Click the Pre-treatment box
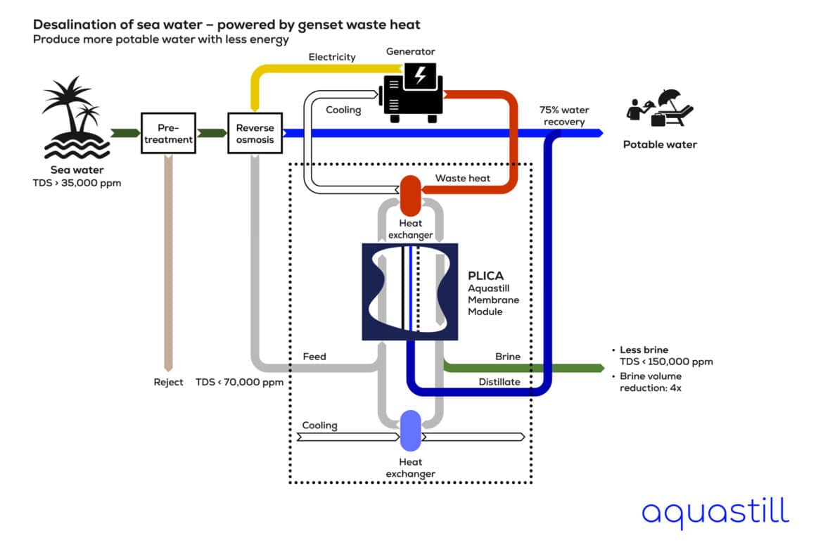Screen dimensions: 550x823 (168, 134)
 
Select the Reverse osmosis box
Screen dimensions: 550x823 (255, 134)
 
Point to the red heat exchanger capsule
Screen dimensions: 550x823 (410, 196)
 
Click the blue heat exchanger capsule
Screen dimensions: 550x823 (410, 430)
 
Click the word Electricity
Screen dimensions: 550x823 (332, 57)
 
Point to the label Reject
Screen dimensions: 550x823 (168, 382)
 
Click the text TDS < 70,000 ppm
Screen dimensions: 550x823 (239, 382)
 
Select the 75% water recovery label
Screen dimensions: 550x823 (564, 116)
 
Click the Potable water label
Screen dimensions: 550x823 (660, 145)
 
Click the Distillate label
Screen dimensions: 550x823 (499, 382)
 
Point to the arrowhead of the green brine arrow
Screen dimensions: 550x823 (600, 368)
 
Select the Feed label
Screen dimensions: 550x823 (314, 357)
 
